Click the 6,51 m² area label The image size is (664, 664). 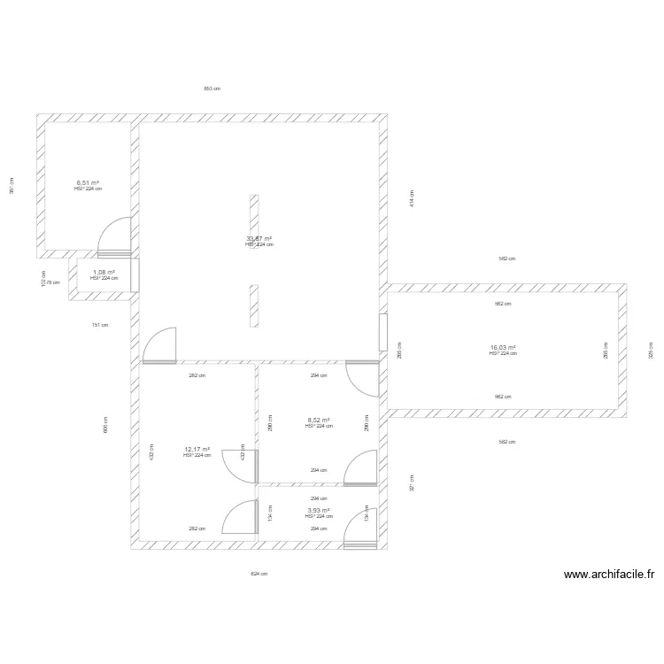[88, 182]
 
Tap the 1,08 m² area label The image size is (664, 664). [104, 272]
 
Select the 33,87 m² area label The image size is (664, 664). [259, 238]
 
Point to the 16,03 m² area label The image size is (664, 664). [503, 348]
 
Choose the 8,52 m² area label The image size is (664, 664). [319, 421]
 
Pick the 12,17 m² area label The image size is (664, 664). [197, 449]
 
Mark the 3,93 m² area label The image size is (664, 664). [319, 510]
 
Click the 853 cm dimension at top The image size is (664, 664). [212, 89]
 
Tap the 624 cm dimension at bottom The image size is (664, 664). [259, 574]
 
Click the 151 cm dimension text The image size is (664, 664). [100, 325]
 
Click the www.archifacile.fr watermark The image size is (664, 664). [609, 575]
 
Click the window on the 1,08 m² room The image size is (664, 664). [135, 275]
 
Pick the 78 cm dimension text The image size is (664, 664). [52, 283]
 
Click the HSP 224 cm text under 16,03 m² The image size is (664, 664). [503, 354]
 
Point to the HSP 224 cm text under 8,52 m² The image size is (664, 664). [319, 427]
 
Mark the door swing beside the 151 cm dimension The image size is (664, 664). [159, 345]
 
